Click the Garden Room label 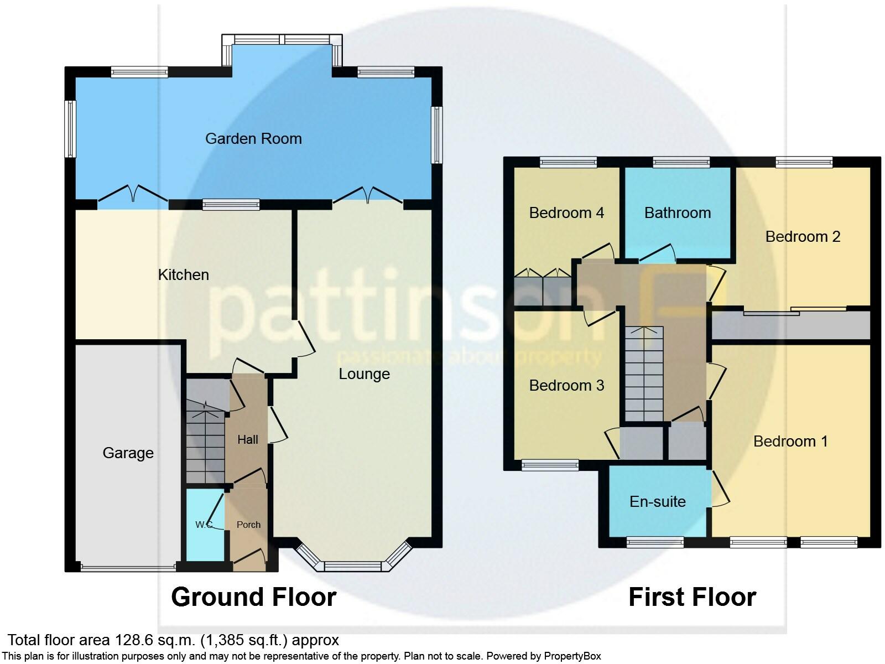(x=253, y=138)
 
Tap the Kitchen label (x=183, y=274)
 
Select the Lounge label (x=364, y=374)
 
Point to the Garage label (x=128, y=453)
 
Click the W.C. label (x=204, y=525)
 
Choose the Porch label (x=248, y=525)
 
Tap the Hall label (x=247, y=440)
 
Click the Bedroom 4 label (x=566, y=213)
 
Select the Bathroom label (x=677, y=213)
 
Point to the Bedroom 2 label (x=803, y=237)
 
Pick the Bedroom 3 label (x=566, y=386)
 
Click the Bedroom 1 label (x=790, y=442)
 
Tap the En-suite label (x=657, y=502)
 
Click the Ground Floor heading (x=253, y=598)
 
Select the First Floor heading (x=692, y=598)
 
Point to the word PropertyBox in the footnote (x=572, y=657)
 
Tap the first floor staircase (x=644, y=373)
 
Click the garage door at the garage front (x=128, y=567)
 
